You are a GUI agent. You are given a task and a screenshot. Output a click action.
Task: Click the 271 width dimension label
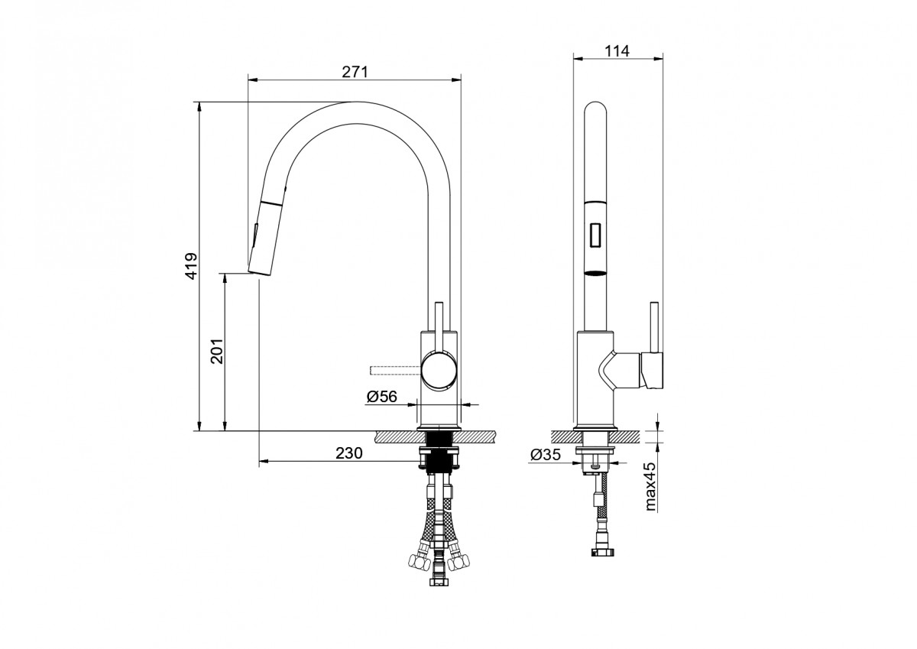pyautogui.click(x=355, y=72)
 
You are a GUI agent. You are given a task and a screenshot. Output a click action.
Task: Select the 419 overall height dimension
pyautogui.click(x=191, y=266)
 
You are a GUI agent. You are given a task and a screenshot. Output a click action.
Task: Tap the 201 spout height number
pyautogui.click(x=216, y=351)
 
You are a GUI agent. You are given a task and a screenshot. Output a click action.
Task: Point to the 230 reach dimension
pyautogui.click(x=349, y=453)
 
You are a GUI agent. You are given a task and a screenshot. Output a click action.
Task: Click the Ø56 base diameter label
pyautogui.click(x=381, y=397)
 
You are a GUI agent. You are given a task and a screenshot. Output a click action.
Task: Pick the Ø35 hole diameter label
pyautogui.click(x=546, y=455)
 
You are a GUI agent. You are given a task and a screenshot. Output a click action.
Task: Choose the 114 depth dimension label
pyautogui.click(x=617, y=50)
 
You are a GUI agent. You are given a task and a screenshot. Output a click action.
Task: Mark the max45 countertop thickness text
pyautogui.click(x=650, y=486)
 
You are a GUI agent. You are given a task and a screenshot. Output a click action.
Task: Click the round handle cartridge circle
pyautogui.click(x=439, y=370)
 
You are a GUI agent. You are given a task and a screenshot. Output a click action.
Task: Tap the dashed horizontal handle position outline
pyautogui.click(x=396, y=371)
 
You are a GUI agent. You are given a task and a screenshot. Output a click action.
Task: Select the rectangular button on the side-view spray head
pyautogui.click(x=595, y=235)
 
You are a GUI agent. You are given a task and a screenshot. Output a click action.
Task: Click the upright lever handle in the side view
pyautogui.click(x=654, y=328)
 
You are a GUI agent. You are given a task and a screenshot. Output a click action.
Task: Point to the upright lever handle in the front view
pyautogui.click(x=439, y=329)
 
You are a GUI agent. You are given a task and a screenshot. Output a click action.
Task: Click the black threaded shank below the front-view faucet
pyautogui.click(x=439, y=449)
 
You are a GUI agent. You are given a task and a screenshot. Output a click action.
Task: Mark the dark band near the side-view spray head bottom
pyautogui.click(x=595, y=274)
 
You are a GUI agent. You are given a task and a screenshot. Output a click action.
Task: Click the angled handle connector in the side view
pyautogui.click(x=620, y=370)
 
